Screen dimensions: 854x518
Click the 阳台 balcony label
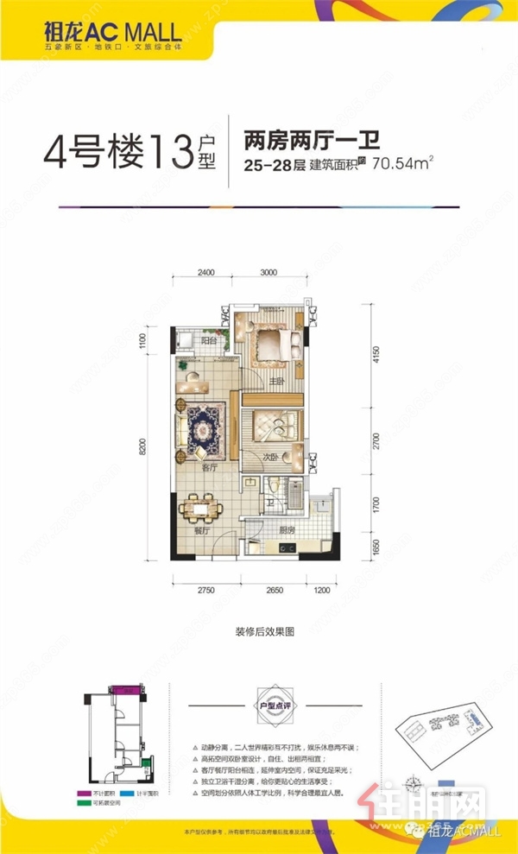point(207,342)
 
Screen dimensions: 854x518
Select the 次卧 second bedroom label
point(270,457)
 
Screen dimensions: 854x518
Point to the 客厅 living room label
point(208,467)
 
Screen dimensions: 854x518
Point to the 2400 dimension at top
point(205,272)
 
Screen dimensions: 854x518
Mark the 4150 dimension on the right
point(374,353)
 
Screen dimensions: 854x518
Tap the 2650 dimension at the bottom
point(274,589)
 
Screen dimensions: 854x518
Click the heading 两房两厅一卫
point(312,137)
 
